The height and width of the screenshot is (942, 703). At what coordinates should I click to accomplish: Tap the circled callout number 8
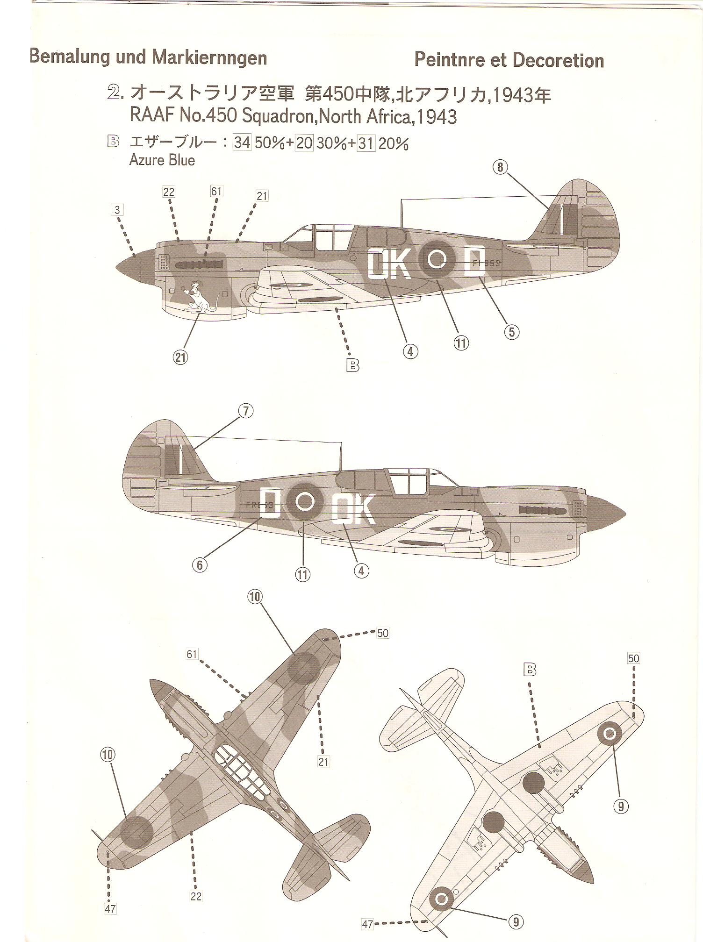pyautogui.click(x=500, y=167)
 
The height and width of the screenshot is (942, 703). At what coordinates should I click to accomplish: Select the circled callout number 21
pyautogui.click(x=180, y=357)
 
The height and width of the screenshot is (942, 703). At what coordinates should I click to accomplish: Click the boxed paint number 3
pyautogui.click(x=117, y=210)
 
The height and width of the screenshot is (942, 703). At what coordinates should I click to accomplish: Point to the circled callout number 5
pyautogui.click(x=512, y=332)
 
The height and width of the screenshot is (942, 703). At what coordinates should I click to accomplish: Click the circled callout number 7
pyautogui.click(x=246, y=411)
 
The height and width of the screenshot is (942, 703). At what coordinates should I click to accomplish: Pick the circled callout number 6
pyautogui.click(x=199, y=564)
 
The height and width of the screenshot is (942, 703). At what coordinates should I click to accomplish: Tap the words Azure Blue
pyautogui.click(x=162, y=160)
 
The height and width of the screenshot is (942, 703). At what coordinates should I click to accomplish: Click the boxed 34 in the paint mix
pyautogui.click(x=242, y=143)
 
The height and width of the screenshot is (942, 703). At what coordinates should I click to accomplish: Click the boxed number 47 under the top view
pyautogui.click(x=110, y=909)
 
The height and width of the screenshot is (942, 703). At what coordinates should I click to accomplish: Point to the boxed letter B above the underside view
pyautogui.click(x=530, y=671)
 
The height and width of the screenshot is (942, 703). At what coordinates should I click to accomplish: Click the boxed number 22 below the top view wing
pyautogui.click(x=196, y=896)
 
